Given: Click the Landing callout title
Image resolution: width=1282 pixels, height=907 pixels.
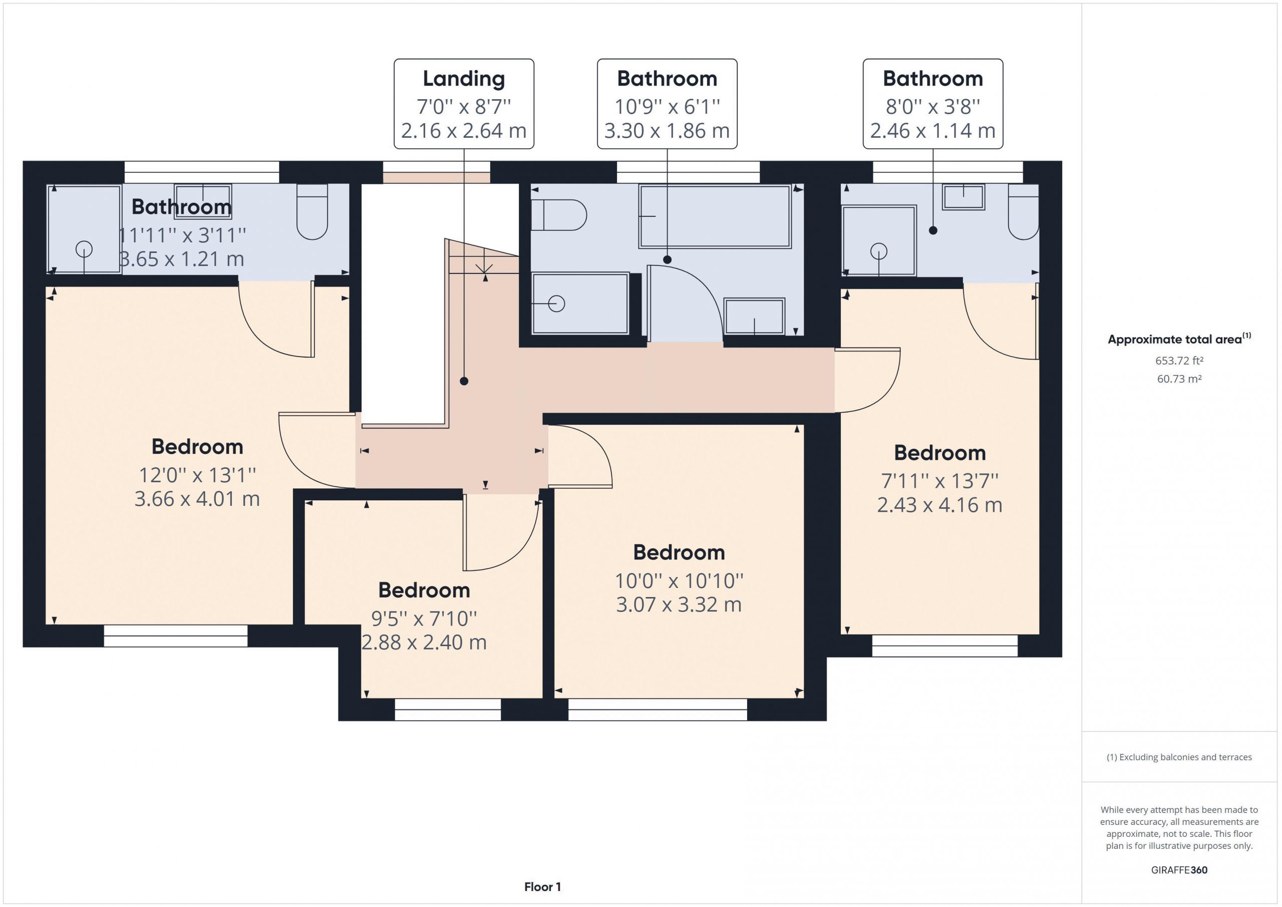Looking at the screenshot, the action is click(463, 79).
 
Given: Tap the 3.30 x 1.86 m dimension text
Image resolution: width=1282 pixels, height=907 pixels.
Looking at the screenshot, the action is click(667, 131).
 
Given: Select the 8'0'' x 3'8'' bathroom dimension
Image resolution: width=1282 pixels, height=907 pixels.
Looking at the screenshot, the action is click(932, 106).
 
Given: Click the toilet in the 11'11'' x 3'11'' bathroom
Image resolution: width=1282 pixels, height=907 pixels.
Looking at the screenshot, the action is click(312, 212).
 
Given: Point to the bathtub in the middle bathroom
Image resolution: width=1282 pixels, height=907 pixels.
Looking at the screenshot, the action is click(715, 216).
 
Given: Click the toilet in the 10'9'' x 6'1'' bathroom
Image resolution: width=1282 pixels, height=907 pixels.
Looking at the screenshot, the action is click(558, 215).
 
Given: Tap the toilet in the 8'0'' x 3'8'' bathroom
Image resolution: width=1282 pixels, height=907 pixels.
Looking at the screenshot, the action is click(1023, 212).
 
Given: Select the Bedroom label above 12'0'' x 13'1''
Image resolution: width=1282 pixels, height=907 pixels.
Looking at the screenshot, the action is click(197, 447).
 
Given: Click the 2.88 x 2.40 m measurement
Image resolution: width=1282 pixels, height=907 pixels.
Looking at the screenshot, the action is click(424, 642).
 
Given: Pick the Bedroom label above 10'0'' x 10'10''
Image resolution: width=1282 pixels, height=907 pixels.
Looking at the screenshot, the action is click(679, 552).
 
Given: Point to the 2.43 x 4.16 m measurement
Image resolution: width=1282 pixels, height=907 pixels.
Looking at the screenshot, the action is click(940, 505).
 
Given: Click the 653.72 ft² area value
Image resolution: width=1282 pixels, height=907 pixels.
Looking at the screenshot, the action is click(1179, 361).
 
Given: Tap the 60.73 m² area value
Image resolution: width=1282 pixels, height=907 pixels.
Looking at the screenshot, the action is click(1179, 379).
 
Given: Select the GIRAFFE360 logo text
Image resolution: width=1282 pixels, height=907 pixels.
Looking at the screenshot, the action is click(1179, 869).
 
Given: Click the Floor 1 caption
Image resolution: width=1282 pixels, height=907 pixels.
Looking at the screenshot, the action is click(542, 886).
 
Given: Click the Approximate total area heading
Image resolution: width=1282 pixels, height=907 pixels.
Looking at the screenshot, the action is click(1179, 339).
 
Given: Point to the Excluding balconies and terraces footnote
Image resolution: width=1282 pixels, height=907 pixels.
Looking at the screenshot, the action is click(1179, 757).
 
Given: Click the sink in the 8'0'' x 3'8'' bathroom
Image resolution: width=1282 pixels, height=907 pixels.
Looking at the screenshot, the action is click(963, 197).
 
